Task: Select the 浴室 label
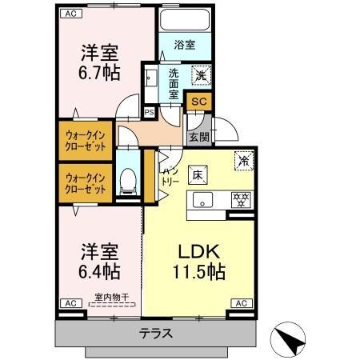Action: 184,46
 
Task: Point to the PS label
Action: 149,113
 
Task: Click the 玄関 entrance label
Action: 198,137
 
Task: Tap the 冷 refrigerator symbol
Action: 241,159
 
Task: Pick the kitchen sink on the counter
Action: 202,200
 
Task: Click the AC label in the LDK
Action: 241,303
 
